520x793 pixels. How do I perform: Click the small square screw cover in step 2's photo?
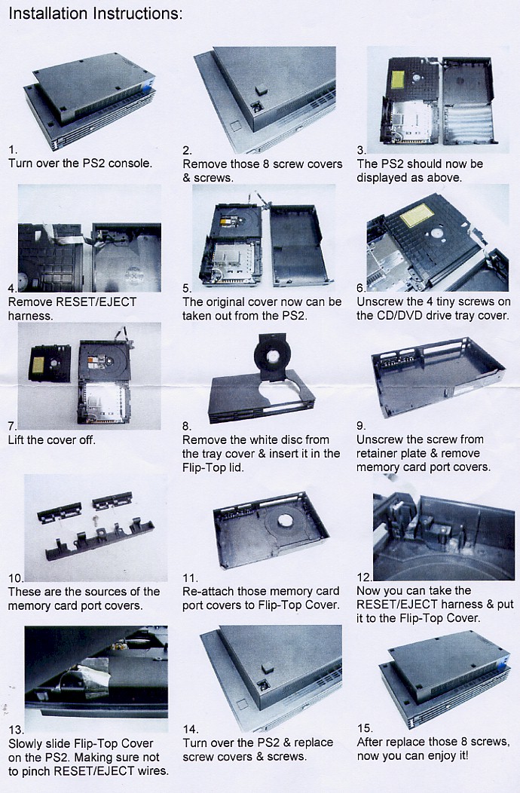[261, 89]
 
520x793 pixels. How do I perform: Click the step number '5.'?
[187, 287]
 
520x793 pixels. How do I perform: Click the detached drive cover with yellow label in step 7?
[50, 363]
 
